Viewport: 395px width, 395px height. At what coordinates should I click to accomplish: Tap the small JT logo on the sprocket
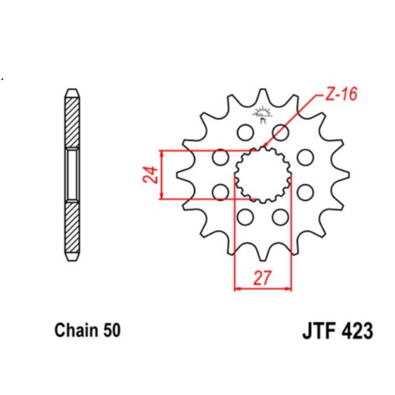(264, 116)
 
